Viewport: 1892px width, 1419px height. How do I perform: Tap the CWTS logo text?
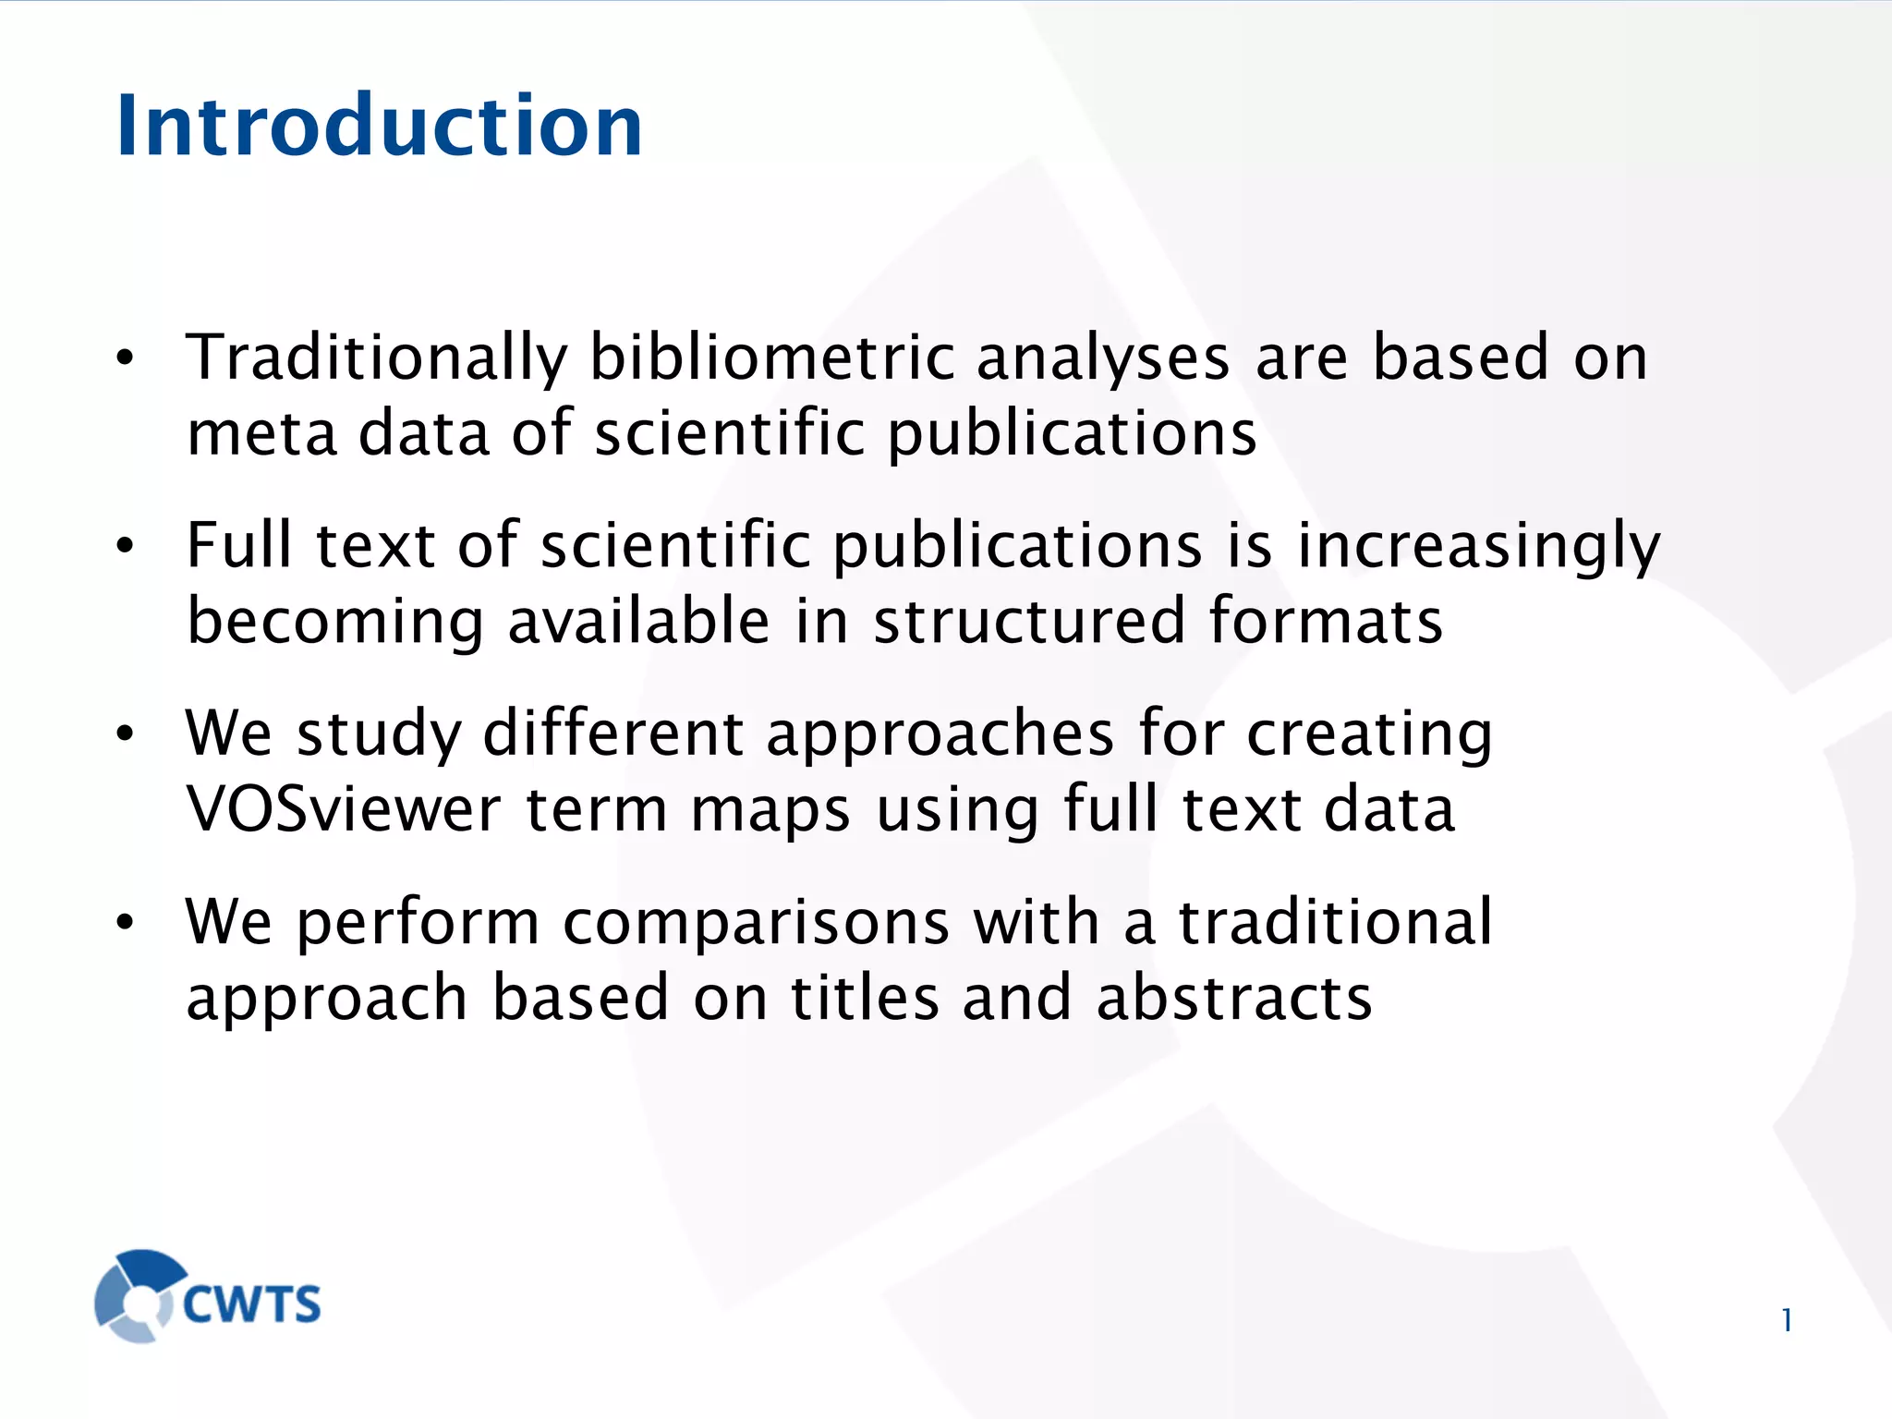(x=252, y=1304)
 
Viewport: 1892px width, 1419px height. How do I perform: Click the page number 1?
(x=1787, y=1320)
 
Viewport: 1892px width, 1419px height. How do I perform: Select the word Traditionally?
(x=377, y=358)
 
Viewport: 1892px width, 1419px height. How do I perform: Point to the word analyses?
(x=1103, y=358)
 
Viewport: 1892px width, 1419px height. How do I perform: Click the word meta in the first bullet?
(x=261, y=434)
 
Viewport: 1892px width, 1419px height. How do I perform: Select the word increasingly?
(x=1478, y=548)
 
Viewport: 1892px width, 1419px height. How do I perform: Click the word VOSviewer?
(x=344, y=809)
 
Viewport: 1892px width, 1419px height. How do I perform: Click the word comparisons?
(x=756, y=922)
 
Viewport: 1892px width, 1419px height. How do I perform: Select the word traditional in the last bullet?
(x=1335, y=922)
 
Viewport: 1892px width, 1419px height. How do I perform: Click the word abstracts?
(x=1234, y=998)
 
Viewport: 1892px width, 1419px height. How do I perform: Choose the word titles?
(x=865, y=998)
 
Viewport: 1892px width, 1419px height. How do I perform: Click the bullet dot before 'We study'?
(x=126, y=734)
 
